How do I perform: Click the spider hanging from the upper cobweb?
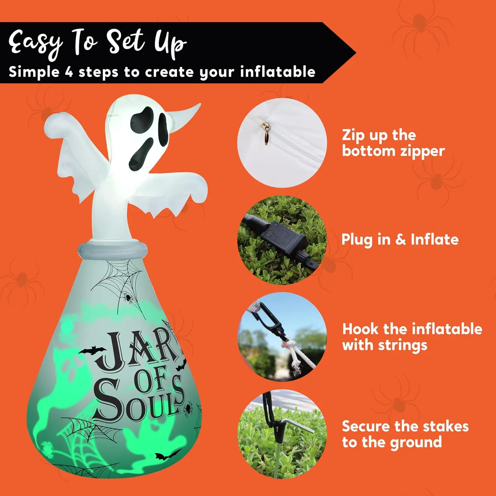coord(127,298)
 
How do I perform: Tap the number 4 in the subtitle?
coord(69,72)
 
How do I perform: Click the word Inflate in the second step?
coord(434,239)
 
